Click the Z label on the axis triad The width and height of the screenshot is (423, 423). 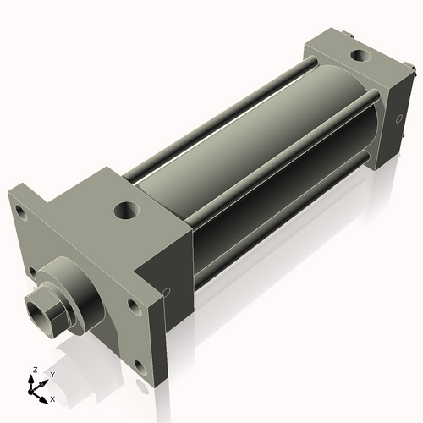(x=32, y=371)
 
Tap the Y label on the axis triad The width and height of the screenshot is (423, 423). (x=52, y=374)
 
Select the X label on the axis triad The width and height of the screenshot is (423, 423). (x=52, y=397)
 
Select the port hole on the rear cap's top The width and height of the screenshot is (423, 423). (x=359, y=58)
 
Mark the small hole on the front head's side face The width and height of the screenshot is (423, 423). (x=166, y=293)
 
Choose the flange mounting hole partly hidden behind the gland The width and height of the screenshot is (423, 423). (x=32, y=272)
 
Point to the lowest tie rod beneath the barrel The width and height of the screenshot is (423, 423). (x=279, y=211)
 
